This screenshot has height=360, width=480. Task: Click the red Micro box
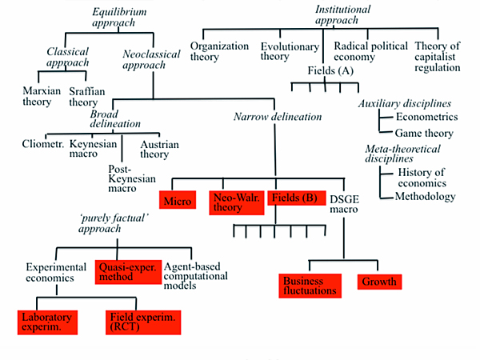coord(176,201)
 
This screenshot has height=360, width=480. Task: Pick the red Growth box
coord(378,282)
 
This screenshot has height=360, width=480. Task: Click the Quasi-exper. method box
coord(127,271)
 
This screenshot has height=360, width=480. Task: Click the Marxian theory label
coord(42,97)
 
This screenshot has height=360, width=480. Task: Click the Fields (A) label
coord(330,71)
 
